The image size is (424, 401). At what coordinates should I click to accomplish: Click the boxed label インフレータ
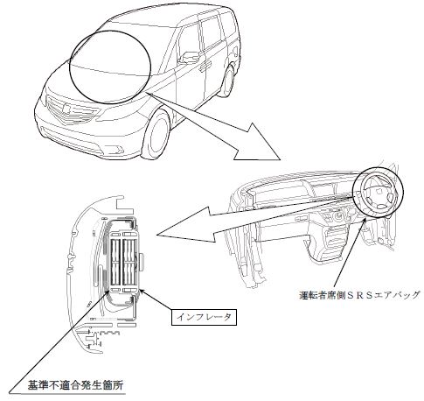[x=204, y=317]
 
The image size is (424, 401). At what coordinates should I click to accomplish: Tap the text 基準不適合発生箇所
[x=75, y=385]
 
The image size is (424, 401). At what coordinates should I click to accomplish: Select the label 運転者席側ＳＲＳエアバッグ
[x=360, y=295]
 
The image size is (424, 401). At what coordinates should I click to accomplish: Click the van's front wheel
[x=156, y=135]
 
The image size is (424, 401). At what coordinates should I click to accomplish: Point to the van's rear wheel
[x=228, y=81]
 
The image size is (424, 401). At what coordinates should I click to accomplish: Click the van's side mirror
[x=188, y=58]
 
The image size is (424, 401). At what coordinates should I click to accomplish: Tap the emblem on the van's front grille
[x=66, y=109]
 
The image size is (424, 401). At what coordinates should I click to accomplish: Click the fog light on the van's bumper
[x=119, y=150]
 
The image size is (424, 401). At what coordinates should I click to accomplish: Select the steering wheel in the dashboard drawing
[x=378, y=193]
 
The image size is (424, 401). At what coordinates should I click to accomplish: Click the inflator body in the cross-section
[x=123, y=261]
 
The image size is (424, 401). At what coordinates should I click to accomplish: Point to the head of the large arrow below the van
[x=256, y=144]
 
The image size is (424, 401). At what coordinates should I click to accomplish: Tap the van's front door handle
[x=205, y=66]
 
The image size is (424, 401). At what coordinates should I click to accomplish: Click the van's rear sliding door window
[x=211, y=32]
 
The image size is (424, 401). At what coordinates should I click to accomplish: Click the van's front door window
[x=188, y=41]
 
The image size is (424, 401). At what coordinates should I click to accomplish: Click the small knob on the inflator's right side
[x=142, y=261]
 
